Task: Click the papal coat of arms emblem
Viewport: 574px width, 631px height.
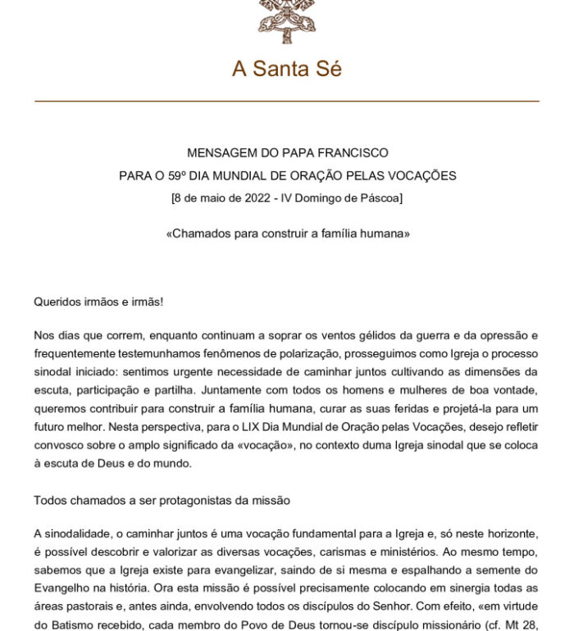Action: click(x=286, y=20)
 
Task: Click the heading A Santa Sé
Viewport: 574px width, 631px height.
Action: click(x=286, y=69)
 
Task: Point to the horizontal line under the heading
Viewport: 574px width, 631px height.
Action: click(x=286, y=101)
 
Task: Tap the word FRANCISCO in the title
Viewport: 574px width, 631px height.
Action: click(x=353, y=153)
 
